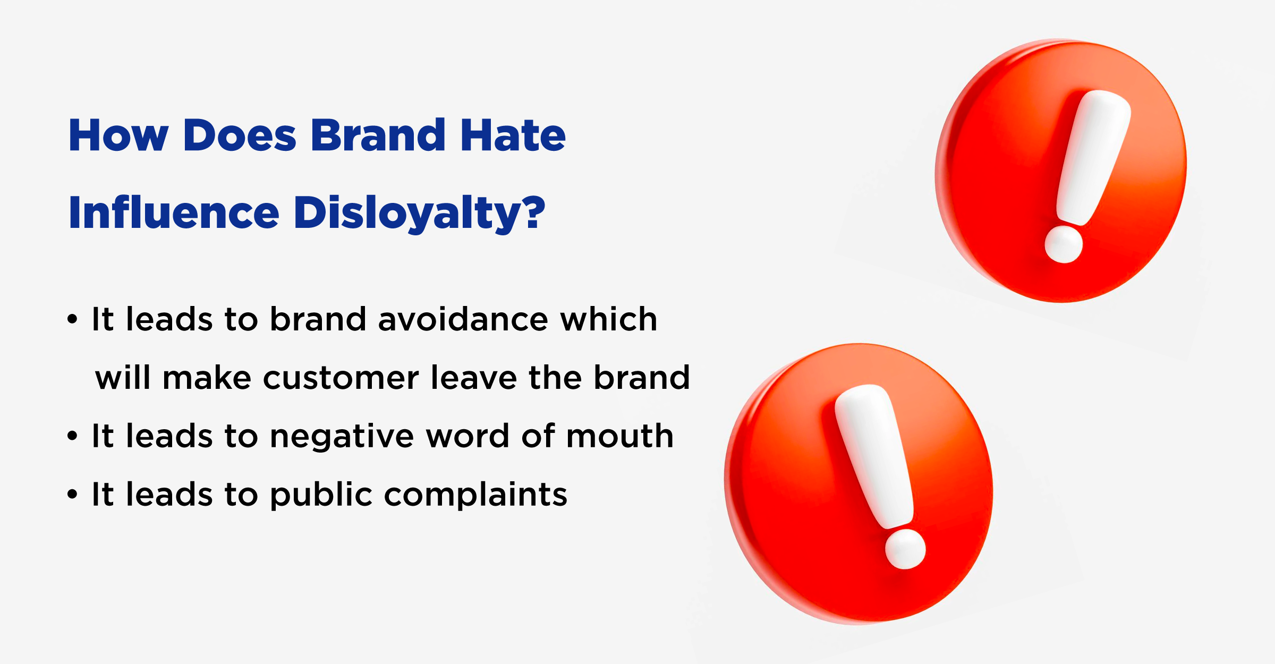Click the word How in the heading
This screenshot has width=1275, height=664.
point(118,135)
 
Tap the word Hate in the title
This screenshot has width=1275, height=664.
point(513,135)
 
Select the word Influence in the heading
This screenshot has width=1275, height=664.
point(174,212)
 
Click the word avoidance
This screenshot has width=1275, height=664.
point(463,319)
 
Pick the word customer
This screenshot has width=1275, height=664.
point(341,378)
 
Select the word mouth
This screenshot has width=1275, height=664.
point(620,437)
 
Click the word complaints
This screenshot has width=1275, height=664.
point(475,496)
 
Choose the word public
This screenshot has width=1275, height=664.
point(321,496)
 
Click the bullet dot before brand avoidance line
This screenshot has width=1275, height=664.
point(73,320)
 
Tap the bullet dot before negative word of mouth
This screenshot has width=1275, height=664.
point(73,437)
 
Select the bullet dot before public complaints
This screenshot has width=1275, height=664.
point(73,495)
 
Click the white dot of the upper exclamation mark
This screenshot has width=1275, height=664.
point(1064,244)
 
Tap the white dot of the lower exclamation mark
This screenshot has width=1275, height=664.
point(905,549)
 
